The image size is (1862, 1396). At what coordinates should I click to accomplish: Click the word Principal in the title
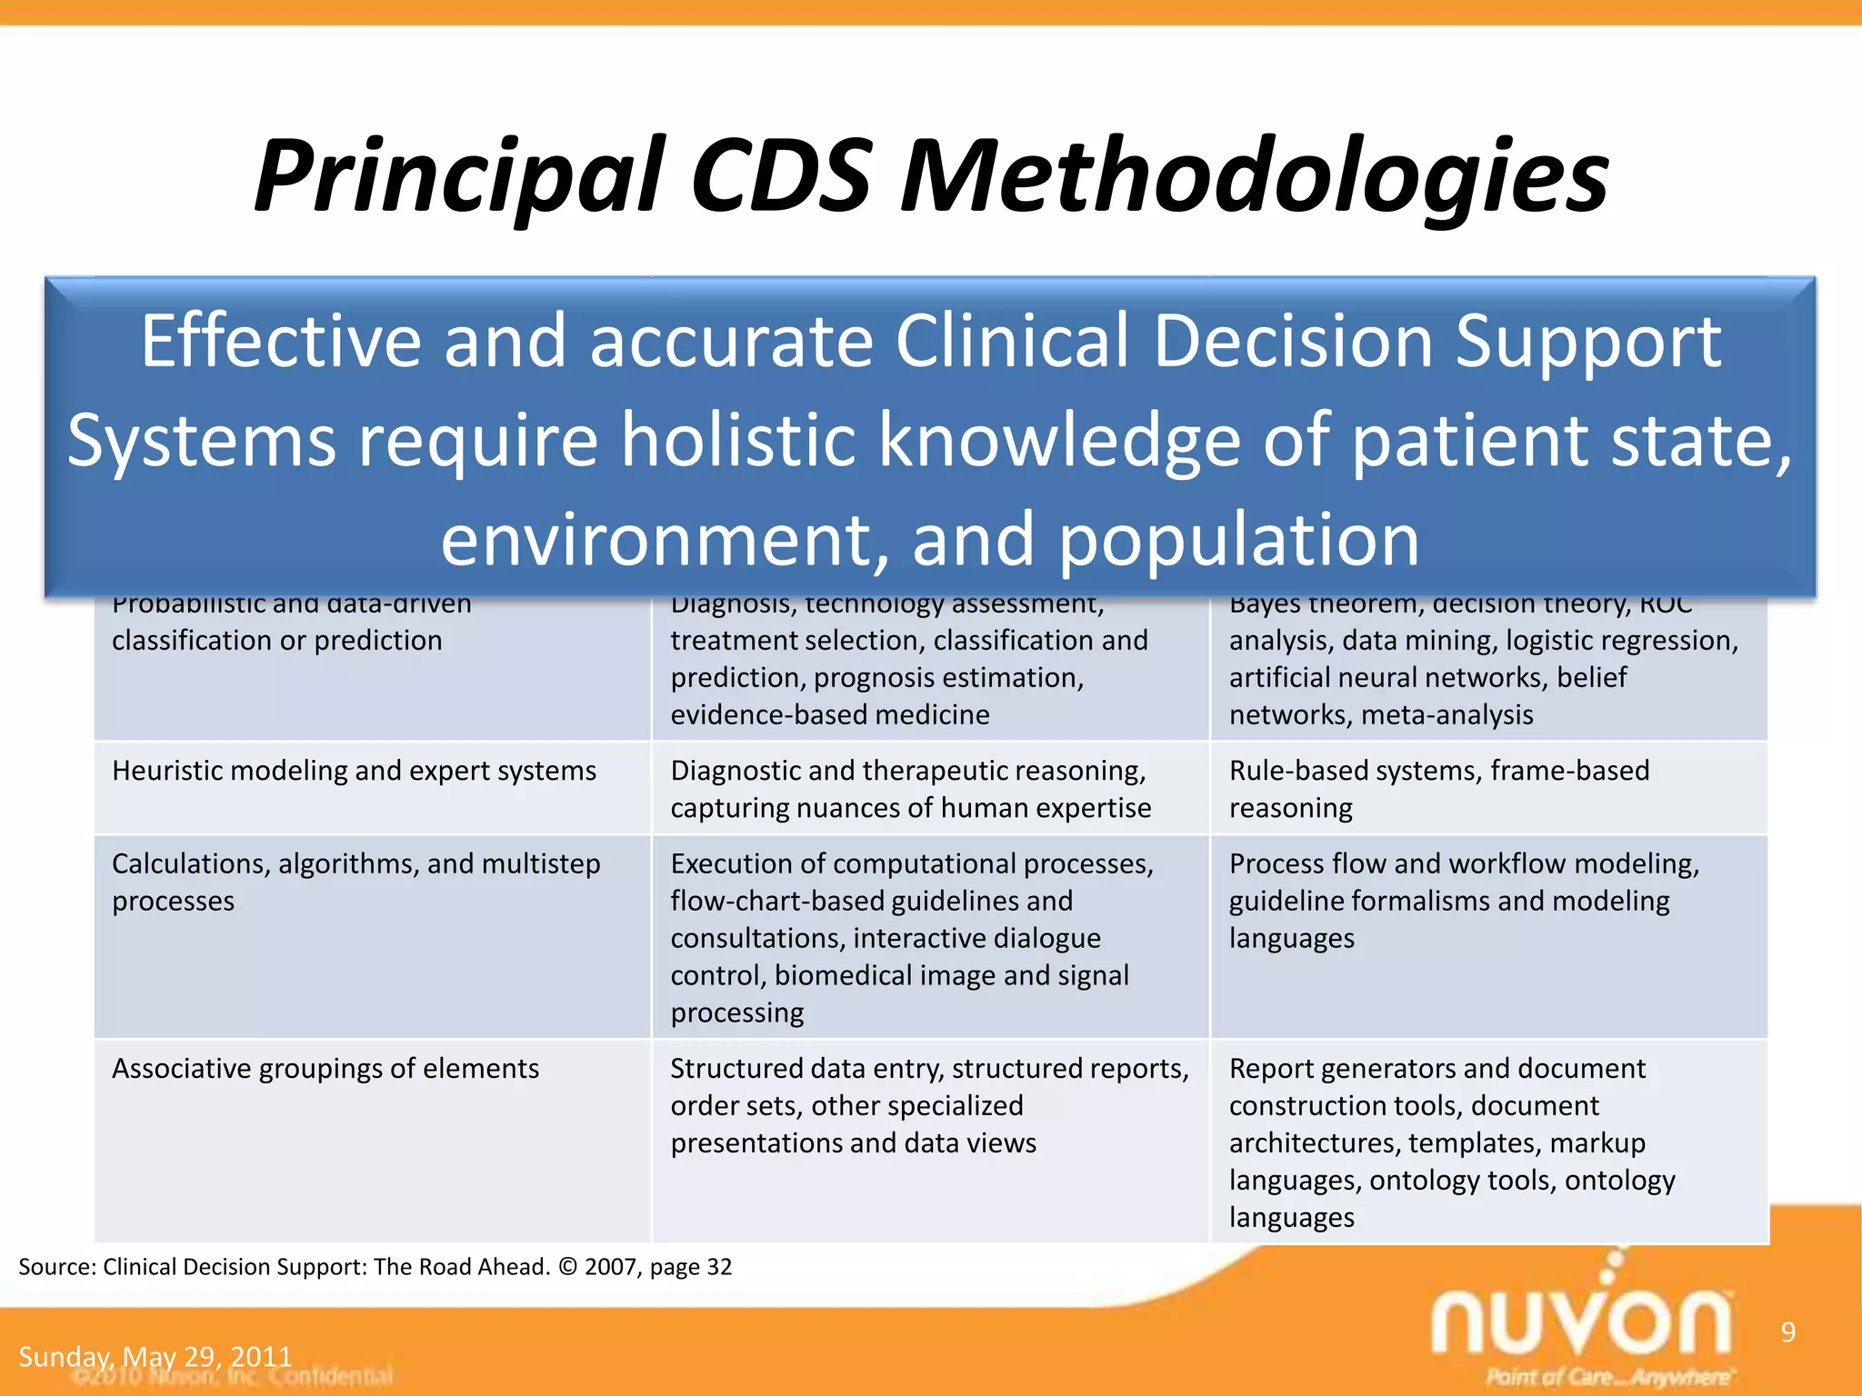coord(459,177)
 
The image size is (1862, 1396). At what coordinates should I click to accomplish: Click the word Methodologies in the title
coord(1254,177)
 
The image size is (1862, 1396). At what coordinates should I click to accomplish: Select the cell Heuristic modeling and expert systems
coord(354,772)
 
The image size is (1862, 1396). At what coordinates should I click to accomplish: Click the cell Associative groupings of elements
coord(325,1069)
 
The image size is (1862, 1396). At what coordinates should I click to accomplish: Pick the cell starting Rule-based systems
coord(1438,789)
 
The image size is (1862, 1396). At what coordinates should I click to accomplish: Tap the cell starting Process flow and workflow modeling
coord(1463,901)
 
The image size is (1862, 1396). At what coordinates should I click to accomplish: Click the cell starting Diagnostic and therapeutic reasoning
coord(910,789)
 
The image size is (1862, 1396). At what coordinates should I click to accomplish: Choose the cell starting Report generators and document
coord(1451,1142)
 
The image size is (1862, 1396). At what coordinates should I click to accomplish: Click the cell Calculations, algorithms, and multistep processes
coord(355,882)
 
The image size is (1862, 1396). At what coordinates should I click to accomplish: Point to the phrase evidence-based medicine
coord(829,715)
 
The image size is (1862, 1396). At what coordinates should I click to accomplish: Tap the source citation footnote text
coord(375,1267)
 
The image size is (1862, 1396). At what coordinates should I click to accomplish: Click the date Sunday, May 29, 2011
coord(155,1357)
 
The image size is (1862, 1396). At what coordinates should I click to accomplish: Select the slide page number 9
coord(1787,1332)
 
